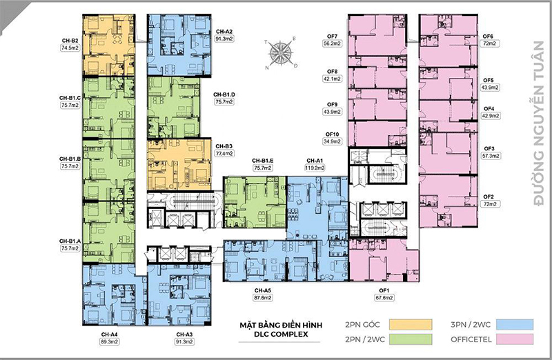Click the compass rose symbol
(x=281, y=53)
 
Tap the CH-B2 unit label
(x=70, y=41)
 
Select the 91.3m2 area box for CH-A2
(x=224, y=39)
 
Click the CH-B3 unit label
(x=224, y=146)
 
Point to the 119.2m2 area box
(x=315, y=168)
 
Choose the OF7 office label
(x=332, y=37)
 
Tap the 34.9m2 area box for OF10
(x=333, y=141)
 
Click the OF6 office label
(x=488, y=37)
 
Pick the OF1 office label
(x=384, y=290)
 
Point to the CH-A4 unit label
(x=109, y=334)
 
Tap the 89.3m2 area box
(x=110, y=341)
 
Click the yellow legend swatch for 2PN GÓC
(x=411, y=324)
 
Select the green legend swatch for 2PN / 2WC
(x=411, y=339)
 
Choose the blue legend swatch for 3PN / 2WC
(x=515, y=324)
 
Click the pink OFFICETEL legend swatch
(x=515, y=339)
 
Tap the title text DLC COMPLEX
(x=281, y=334)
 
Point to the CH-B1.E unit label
(x=263, y=161)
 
